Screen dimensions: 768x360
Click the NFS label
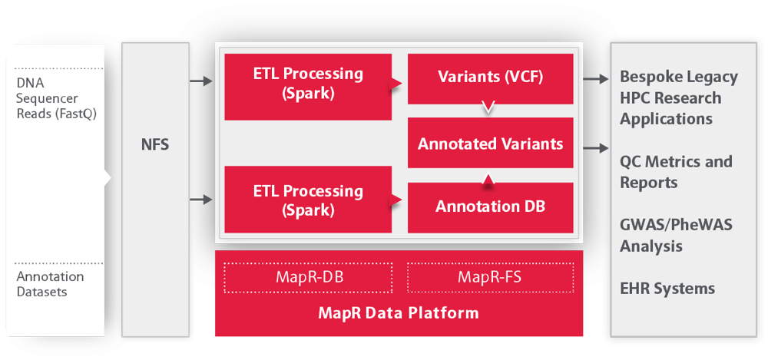(x=155, y=145)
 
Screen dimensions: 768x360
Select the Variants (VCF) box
(x=490, y=79)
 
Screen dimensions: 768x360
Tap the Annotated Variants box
(x=490, y=143)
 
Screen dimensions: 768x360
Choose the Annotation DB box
(x=490, y=208)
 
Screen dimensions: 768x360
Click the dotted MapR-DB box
(x=308, y=278)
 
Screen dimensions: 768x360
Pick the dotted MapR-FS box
(x=490, y=278)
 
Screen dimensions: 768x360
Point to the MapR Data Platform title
(x=399, y=313)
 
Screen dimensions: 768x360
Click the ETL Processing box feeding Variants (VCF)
(x=308, y=87)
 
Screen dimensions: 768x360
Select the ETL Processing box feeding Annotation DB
(x=308, y=200)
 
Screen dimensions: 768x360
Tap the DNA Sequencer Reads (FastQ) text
(x=56, y=98)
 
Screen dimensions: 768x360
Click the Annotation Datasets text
(x=50, y=284)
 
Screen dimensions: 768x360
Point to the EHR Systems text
(x=667, y=289)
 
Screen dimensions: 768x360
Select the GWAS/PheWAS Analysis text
(x=676, y=235)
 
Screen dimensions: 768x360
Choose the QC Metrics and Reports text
(x=676, y=172)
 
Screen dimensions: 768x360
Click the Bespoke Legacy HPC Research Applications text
(x=679, y=98)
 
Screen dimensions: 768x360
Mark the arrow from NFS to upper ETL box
(x=201, y=81)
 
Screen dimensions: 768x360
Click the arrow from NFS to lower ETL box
(x=201, y=200)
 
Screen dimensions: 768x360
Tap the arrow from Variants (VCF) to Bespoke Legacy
(x=596, y=79)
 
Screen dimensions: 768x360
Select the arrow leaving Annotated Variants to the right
(x=596, y=147)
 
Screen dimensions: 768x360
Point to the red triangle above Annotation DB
(x=488, y=180)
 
